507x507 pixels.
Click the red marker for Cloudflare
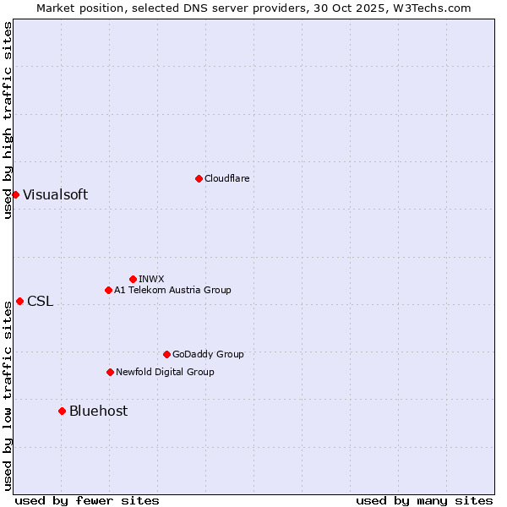click(199, 178)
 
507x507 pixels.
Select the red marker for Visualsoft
click(15, 194)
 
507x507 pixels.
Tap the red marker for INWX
click(133, 279)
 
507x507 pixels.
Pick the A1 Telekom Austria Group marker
click(108, 290)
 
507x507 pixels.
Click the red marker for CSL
click(19, 301)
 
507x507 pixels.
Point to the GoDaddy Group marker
click(166, 354)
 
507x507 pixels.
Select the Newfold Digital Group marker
click(110, 372)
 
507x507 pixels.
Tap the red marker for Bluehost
click(62, 411)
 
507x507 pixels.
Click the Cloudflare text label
click(227, 178)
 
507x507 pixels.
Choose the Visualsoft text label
click(55, 194)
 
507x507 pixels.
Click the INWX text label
click(151, 279)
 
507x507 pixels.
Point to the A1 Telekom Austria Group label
click(172, 290)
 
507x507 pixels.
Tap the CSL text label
click(40, 301)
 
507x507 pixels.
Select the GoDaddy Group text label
click(208, 354)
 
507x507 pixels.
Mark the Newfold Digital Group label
click(165, 372)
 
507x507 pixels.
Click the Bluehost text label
click(98, 411)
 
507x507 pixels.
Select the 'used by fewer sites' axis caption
click(87, 500)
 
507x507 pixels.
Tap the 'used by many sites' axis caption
click(424, 500)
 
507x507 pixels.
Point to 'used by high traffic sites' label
click(8, 120)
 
